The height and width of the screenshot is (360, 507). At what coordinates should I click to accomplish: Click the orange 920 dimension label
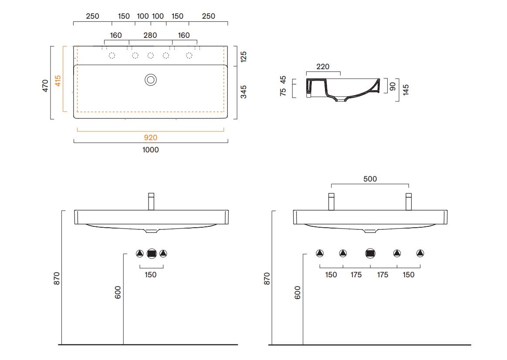click(150, 138)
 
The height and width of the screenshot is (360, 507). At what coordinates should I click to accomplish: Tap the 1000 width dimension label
click(151, 150)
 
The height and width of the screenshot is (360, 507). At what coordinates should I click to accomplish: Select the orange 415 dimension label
click(57, 81)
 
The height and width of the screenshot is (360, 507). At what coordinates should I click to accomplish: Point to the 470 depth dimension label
click(45, 86)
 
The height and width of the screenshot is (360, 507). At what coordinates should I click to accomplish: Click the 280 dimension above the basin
click(150, 35)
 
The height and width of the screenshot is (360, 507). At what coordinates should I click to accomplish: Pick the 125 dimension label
click(243, 57)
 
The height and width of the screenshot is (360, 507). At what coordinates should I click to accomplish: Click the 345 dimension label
click(243, 92)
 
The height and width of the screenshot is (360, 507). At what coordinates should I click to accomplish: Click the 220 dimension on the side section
click(323, 67)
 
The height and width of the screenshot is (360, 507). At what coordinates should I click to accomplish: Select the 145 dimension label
click(406, 90)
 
